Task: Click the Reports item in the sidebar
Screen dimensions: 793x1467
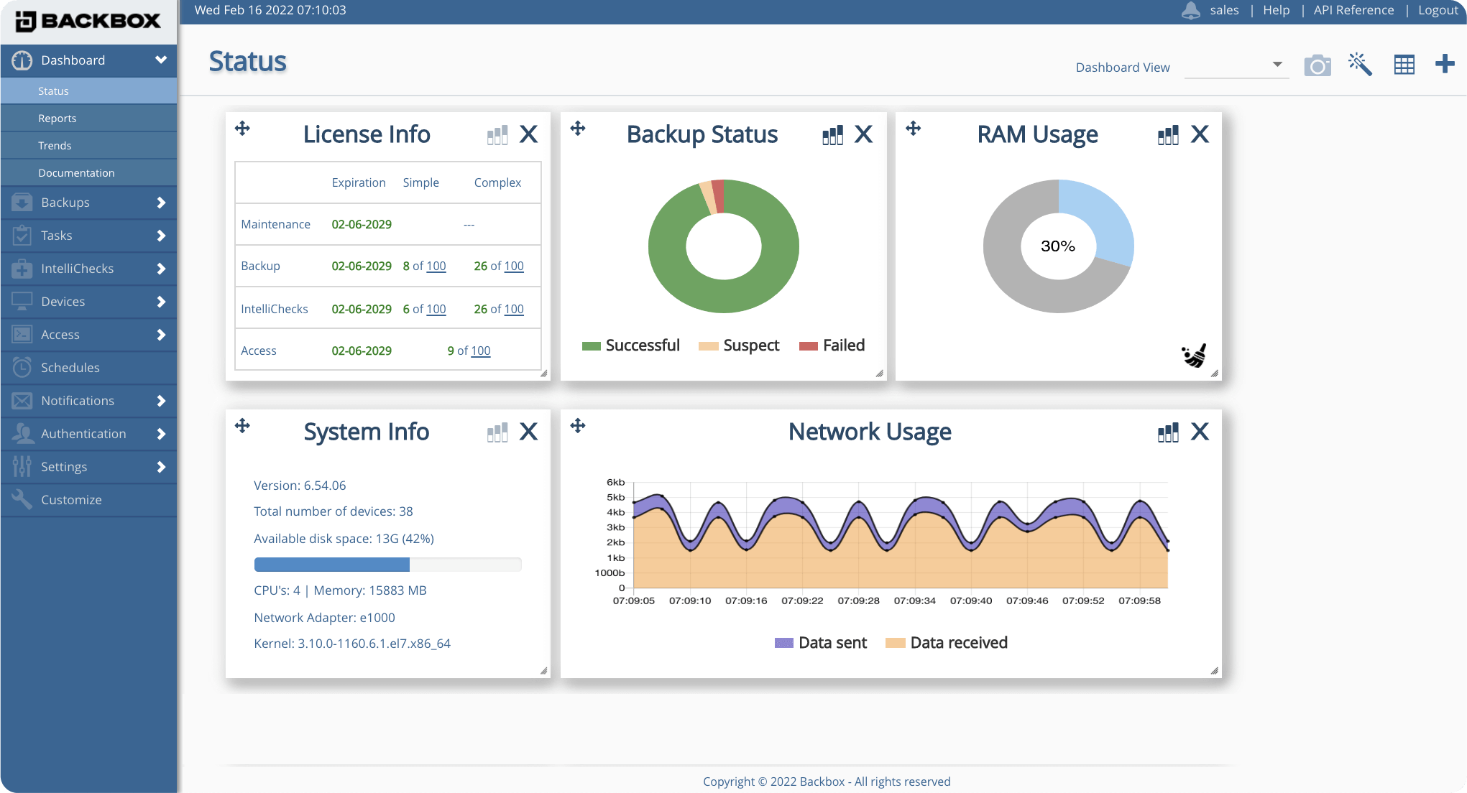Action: point(57,119)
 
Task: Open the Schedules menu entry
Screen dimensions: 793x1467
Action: point(70,368)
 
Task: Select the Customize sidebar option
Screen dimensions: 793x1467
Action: point(70,500)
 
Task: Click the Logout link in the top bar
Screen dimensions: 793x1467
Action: point(1438,10)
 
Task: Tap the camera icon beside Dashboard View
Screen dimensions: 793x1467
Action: point(1317,66)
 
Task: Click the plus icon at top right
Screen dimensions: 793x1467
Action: point(1445,65)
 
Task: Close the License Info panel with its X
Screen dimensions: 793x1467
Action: point(528,134)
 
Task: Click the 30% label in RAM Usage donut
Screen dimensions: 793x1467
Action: point(1058,246)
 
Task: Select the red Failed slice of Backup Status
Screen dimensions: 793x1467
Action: point(719,195)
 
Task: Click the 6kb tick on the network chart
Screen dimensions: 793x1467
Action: point(615,482)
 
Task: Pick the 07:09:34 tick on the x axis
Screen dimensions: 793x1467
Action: point(914,600)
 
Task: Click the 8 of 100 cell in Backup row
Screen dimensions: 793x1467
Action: point(424,266)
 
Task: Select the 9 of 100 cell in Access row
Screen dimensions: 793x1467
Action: point(469,351)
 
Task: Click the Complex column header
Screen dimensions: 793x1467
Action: point(497,182)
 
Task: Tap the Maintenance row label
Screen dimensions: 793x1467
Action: point(275,224)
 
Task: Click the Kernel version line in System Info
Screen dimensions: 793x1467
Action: point(352,644)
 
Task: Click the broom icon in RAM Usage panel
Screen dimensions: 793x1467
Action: point(1194,356)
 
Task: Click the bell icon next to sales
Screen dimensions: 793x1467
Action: point(1191,11)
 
